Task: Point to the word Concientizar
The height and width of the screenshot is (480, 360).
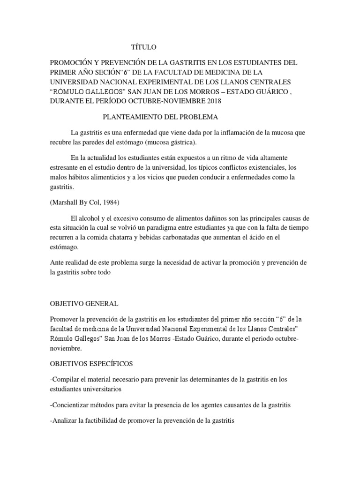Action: [72, 405]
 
